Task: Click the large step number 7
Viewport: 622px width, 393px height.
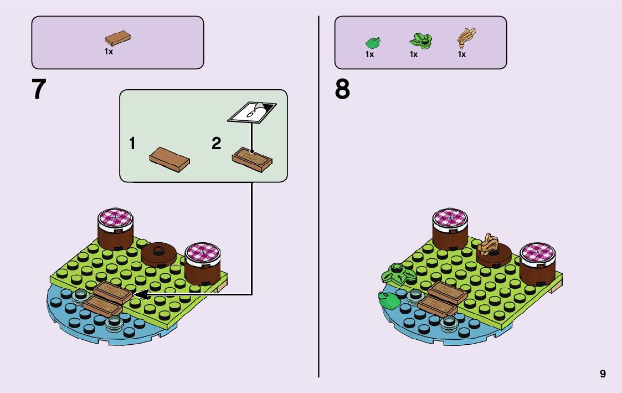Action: pos(39,89)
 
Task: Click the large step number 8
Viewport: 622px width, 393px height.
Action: pos(342,89)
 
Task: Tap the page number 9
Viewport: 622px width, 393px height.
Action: pos(603,374)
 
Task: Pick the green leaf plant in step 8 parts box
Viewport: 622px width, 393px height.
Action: pos(421,40)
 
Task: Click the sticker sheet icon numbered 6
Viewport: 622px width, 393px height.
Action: pos(252,112)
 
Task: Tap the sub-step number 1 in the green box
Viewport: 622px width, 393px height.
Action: pos(132,144)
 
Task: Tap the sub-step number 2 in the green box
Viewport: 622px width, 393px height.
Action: pos(217,144)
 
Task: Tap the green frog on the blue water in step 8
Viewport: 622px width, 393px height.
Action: pos(387,299)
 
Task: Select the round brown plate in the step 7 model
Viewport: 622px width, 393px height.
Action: pos(158,253)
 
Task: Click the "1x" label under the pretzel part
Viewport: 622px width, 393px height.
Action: pos(461,54)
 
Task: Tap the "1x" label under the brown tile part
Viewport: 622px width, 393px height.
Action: pos(109,51)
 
